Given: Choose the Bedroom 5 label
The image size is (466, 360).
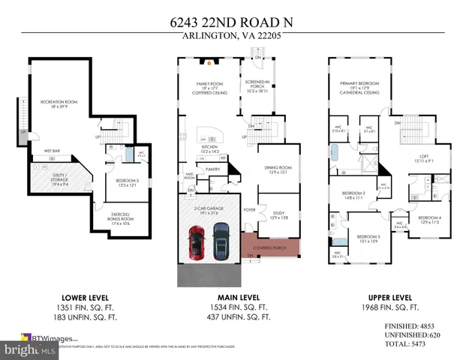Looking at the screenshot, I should [126, 182].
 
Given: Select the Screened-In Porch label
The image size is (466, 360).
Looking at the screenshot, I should [253, 84].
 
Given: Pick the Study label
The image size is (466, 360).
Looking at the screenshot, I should [268, 214].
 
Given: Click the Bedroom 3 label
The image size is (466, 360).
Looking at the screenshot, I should [368, 238].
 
